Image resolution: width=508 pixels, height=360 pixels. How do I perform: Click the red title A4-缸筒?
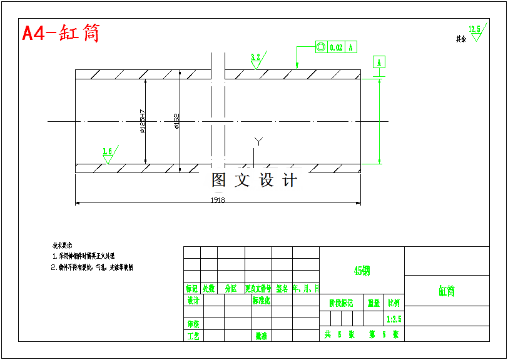pos(61,33)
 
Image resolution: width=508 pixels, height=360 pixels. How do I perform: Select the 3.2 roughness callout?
pos(256,57)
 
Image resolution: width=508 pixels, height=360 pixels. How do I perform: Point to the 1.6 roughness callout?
pos(108,152)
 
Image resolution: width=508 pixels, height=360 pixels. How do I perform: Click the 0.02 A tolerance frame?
pos(336,47)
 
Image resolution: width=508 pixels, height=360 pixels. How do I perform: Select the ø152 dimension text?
pos(177,121)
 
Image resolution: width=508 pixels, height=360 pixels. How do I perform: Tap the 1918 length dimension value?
pos(218,200)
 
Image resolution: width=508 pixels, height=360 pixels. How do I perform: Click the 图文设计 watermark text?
pos(254,180)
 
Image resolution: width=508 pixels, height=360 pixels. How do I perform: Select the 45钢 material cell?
pos(362,271)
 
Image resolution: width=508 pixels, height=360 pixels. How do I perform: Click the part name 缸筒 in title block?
pos(447,291)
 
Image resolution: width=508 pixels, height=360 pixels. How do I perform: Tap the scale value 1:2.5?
pos(394,319)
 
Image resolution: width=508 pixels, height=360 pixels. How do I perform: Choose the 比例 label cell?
pos(394,303)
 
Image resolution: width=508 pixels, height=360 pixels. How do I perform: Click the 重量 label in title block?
pos(374,303)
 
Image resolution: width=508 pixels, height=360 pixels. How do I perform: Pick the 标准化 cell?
pos(261,300)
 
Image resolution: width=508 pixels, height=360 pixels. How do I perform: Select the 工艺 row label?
pos(193,336)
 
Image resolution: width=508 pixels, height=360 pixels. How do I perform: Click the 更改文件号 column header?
pos(258,289)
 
